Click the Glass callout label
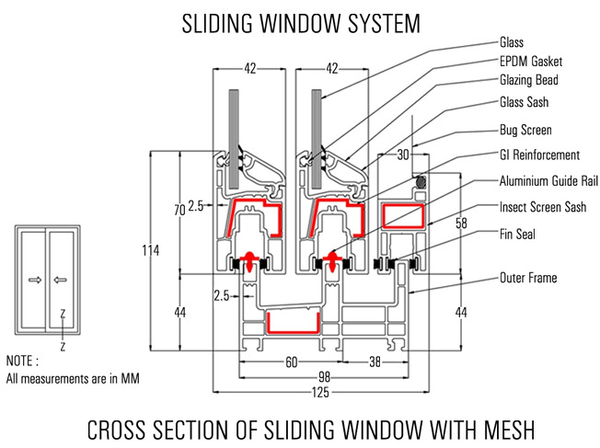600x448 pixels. point(512,42)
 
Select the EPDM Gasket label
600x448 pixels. point(531,62)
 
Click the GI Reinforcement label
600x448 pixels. point(539,155)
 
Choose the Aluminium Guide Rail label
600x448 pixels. point(548,180)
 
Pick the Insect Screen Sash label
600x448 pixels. point(543,207)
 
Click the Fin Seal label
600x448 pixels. point(518,234)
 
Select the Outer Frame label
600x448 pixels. point(528,277)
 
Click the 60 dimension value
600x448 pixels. point(291,362)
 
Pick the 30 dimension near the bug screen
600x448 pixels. point(402,155)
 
